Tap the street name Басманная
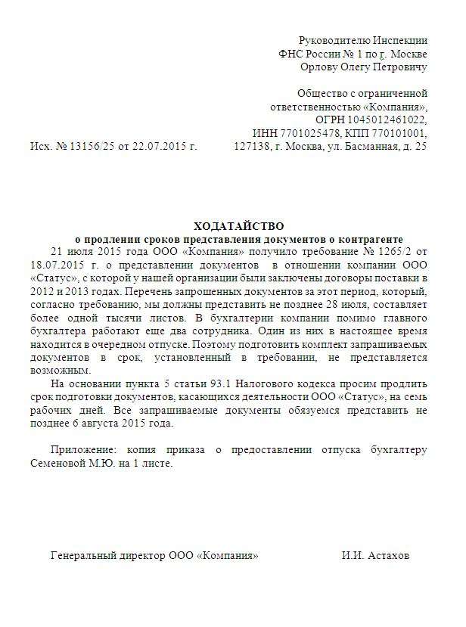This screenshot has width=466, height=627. (362, 147)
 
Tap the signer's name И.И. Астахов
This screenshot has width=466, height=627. (375, 555)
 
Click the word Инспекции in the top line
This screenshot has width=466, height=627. (403, 39)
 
